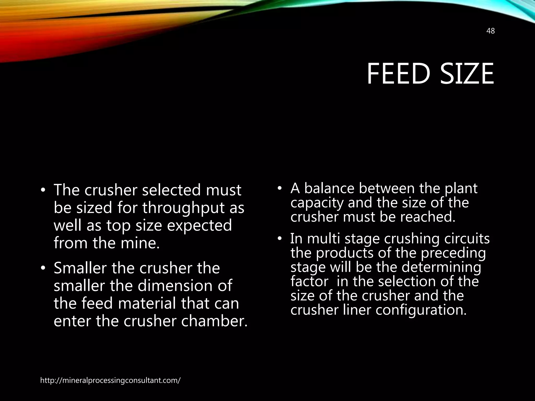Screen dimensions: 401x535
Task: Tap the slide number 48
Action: tap(491, 31)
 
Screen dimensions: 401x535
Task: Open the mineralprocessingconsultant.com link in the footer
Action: tap(110, 380)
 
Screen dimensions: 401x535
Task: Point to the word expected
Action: tap(199, 225)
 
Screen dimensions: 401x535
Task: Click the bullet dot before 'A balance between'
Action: tap(279, 188)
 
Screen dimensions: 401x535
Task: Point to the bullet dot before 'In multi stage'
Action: tap(279, 239)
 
